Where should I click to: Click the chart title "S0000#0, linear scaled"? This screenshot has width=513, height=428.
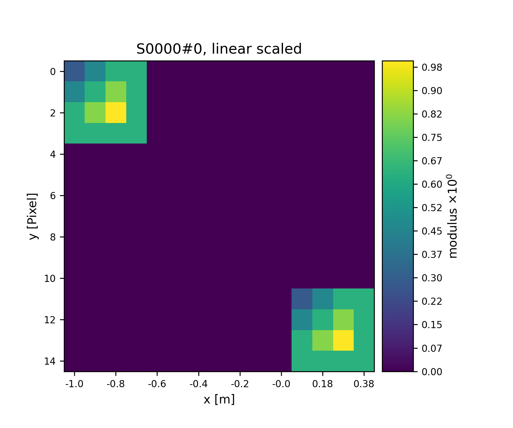(219, 49)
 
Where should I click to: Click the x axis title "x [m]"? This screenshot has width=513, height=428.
(219, 399)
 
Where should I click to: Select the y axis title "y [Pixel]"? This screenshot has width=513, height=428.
(33, 216)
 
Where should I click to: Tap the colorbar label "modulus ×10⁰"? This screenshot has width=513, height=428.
(453, 216)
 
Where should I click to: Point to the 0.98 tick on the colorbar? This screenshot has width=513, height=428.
(432, 67)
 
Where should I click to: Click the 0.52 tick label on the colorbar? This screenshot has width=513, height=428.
(432, 207)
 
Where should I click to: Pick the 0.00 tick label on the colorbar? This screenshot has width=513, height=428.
(432, 372)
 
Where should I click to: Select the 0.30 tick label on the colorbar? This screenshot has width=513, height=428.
(432, 278)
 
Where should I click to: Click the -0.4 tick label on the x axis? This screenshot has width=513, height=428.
(198, 384)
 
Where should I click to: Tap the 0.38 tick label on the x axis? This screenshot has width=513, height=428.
(364, 384)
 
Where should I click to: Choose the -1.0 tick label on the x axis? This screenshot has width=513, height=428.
(74, 384)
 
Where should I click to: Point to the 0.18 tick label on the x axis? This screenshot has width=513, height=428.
(322, 384)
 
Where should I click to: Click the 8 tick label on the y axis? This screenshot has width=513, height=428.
(53, 237)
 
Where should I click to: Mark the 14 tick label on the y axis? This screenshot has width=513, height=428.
(50, 361)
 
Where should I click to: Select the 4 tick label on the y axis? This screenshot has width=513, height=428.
(53, 154)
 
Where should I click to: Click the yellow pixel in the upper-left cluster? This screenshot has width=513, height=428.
(116, 112)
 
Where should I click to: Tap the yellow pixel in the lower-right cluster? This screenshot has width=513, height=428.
(343, 340)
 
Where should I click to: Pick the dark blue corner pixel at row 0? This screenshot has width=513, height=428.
(74, 71)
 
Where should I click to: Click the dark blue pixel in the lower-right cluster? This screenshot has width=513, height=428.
(302, 299)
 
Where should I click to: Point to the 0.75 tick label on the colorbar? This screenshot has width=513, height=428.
(432, 138)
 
